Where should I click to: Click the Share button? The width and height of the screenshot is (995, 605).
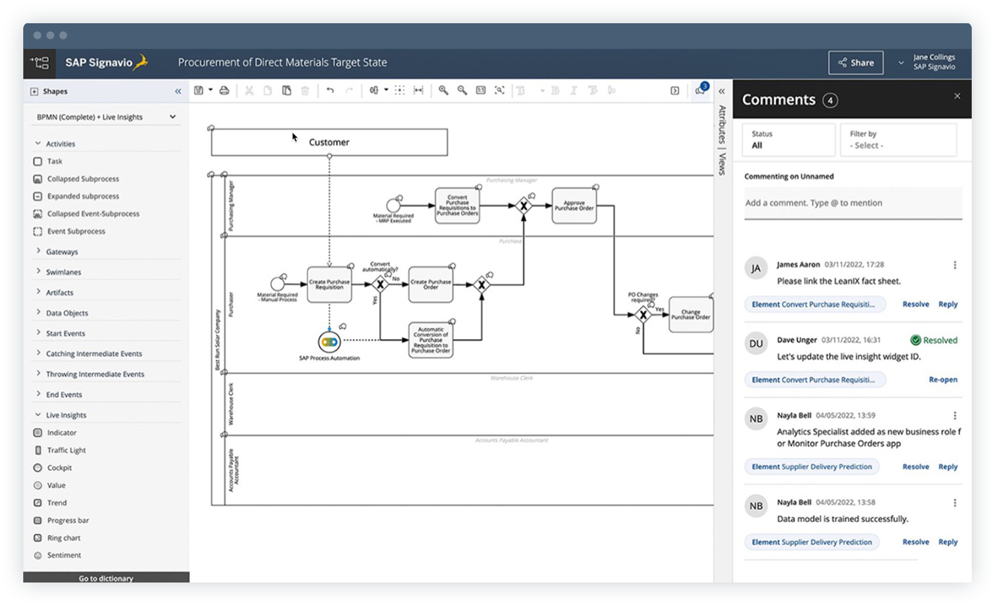tap(856, 63)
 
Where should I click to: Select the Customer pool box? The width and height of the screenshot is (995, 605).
tap(329, 142)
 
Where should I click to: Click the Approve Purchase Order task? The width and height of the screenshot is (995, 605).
tap(574, 206)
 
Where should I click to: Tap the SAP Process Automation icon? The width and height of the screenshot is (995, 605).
tap(329, 341)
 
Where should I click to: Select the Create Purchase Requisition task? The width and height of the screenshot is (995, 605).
tap(329, 284)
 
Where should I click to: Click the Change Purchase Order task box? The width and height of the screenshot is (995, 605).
tap(690, 315)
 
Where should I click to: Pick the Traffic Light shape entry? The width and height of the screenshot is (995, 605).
tap(66, 450)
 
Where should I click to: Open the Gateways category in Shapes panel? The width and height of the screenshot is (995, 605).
tap(61, 252)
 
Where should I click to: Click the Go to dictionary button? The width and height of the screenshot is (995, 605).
tap(106, 578)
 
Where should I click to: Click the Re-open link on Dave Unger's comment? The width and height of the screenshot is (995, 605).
tap(943, 380)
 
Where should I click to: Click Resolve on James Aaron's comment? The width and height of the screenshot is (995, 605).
tap(915, 304)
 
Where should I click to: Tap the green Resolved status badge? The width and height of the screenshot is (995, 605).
tap(934, 340)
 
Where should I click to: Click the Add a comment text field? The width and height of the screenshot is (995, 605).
tap(852, 203)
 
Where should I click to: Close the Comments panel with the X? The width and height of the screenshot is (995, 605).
tap(957, 96)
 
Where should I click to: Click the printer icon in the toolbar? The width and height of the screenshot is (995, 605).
tap(224, 91)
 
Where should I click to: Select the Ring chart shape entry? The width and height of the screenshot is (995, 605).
tap(64, 538)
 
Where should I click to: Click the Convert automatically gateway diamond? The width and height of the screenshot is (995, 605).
tap(380, 285)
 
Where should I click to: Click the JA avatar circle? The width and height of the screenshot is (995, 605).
tap(756, 268)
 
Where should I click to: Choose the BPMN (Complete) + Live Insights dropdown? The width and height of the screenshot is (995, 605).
tap(106, 117)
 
